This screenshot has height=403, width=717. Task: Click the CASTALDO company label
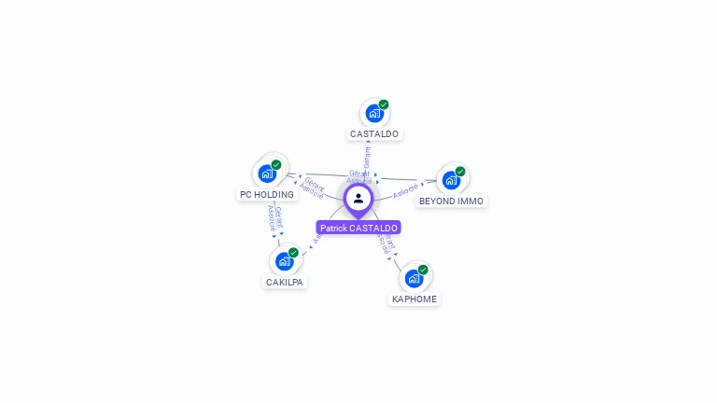pos(374,134)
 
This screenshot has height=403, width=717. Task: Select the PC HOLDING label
pos(267,195)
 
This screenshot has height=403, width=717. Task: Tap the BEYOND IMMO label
pos(451,201)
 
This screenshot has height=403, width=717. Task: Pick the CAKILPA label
pos(285,282)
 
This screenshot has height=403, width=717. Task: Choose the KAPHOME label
pos(415,299)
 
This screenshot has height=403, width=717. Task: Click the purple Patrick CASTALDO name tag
pos(358,228)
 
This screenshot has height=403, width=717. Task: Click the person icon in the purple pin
pos(358,198)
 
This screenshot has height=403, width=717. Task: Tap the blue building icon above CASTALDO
pos(373,114)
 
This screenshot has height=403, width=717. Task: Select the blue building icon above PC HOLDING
pos(266,174)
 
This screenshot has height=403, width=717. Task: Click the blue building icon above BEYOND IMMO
pos(451,180)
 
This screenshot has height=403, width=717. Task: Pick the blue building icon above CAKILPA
pos(284,261)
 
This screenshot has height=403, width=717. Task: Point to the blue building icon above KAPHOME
pos(414,278)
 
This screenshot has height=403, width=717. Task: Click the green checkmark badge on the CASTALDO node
pos(384,104)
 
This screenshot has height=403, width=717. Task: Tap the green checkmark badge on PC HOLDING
pos(276,164)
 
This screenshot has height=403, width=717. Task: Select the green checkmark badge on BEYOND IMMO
pos(460,171)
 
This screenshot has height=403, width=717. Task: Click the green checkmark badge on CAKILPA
pos(293,252)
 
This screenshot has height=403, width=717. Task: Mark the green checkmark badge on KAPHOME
pos(423,270)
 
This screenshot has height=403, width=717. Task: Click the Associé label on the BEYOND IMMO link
pos(405,192)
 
